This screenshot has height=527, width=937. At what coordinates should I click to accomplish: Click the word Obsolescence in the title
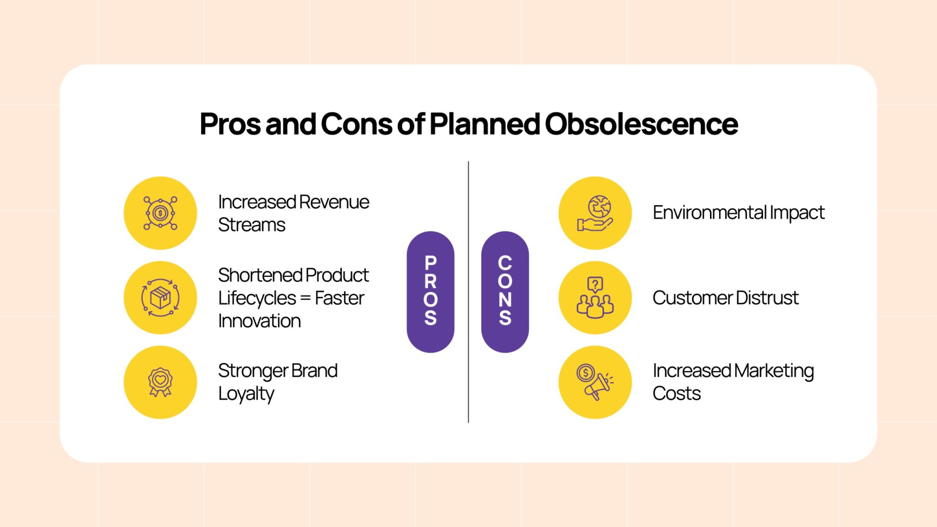[641, 124]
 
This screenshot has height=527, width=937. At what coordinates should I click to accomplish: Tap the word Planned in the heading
[484, 124]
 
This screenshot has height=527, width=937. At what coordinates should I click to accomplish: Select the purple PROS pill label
[430, 292]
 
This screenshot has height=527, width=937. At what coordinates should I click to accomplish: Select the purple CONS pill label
[505, 292]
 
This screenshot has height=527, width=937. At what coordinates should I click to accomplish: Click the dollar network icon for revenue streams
[160, 213]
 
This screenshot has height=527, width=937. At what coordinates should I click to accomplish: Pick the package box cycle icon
[160, 298]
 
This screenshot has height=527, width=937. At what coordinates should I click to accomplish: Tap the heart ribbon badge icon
[160, 382]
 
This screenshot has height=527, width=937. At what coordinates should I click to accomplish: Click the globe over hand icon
[595, 213]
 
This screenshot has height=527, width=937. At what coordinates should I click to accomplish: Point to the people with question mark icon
[595, 298]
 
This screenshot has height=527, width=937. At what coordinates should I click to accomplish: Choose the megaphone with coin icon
[595, 382]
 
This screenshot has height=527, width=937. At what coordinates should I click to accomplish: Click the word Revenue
[334, 202]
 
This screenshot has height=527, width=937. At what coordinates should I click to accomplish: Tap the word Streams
[252, 225]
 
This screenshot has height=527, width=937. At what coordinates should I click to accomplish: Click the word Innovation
[259, 321]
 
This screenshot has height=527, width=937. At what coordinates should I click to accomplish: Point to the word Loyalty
[246, 394]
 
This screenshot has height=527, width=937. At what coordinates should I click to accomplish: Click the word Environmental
[709, 213]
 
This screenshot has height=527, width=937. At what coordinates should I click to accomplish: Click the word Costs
[676, 394]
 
